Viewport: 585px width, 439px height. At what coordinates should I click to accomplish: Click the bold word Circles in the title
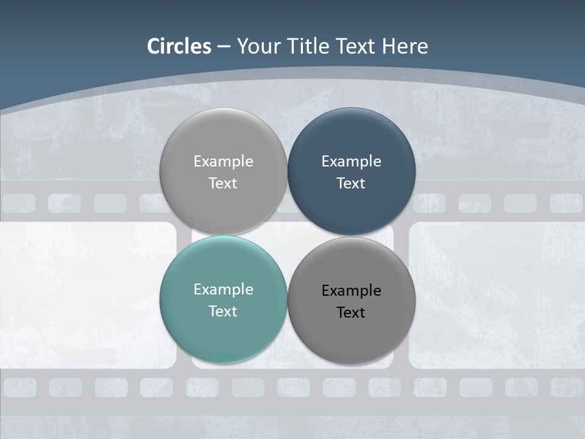pyautogui.click(x=179, y=46)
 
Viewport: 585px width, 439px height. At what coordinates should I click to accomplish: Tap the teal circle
pyautogui.click(x=223, y=329)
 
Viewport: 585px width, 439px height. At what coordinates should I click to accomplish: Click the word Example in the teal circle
pyautogui.click(x=223, y=290)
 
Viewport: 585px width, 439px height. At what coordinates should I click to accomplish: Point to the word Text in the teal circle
pyautogui.click(x=223, y=311)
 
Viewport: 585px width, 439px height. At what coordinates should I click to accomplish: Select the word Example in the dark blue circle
pyautogui.click(x=351, y=162)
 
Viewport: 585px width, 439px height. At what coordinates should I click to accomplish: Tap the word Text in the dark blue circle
pyautogui.click(x=351, y=183)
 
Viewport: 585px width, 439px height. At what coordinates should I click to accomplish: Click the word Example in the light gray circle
pyautogui.click(x=223, y=162)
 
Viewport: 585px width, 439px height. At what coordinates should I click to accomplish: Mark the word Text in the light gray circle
pyautogui.click(x=223, y=183)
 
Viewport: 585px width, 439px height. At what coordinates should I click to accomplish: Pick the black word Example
pyautogui.click(x=351, y=291)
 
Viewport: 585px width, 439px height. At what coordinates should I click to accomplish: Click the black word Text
pyautogui.click(x=351, y=312)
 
